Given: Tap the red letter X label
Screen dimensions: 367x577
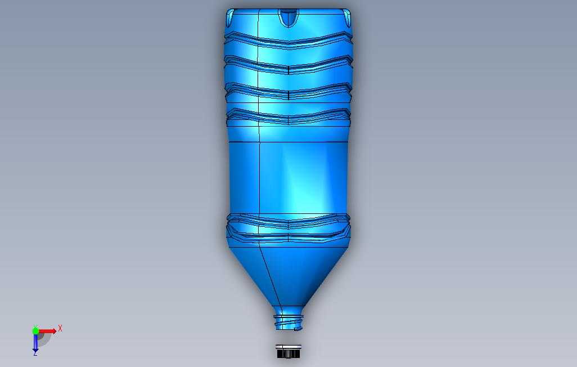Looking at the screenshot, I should [x=60, y=328].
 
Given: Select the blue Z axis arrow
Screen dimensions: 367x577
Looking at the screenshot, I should [x=35, y=342].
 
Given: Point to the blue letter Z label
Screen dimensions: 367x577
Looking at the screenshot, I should [x=35, y=353].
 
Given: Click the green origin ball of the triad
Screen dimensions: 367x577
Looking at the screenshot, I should [x=35, y=331].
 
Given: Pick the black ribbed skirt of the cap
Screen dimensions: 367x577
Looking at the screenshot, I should [x=288, y=354].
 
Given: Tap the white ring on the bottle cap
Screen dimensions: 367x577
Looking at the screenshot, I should [x=288, y=346].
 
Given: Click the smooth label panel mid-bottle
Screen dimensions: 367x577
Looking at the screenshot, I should [x=288, y=177].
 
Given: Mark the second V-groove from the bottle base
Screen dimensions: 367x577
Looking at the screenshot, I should [x=288, y=65].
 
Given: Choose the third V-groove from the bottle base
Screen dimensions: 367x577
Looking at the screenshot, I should [x=288, y=92].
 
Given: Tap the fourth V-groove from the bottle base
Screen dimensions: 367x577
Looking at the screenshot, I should [x=288, y=117].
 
